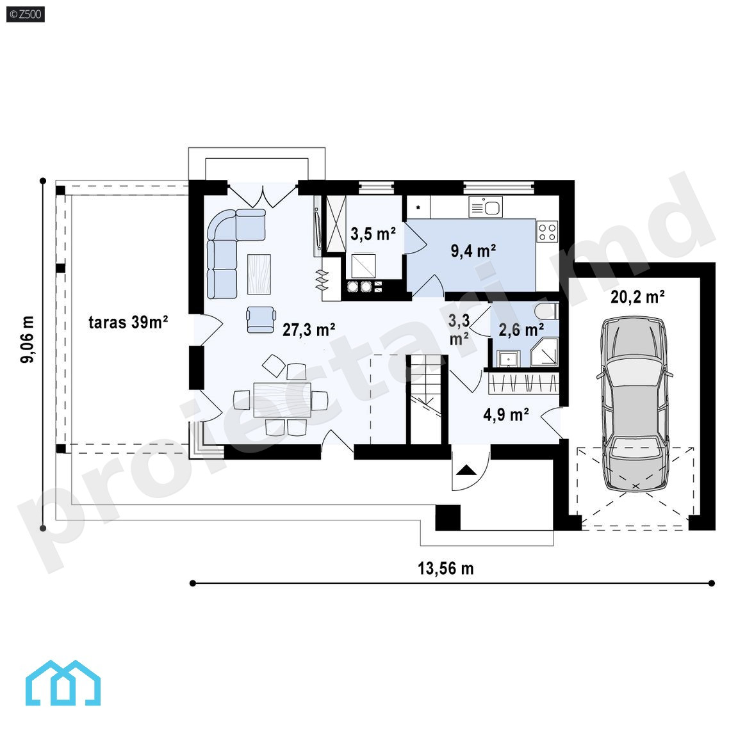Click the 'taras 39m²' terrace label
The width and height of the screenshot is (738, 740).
click(128, 323)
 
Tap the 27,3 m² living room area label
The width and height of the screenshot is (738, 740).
click(309, 330)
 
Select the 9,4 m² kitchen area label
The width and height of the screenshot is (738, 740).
click(473, 251)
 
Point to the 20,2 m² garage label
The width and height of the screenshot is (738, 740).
click(637, 297)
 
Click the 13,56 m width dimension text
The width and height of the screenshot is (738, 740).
click(446, 568)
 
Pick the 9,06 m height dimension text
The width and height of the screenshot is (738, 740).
click(28, 339)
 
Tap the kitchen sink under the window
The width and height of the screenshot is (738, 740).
click(486, 207)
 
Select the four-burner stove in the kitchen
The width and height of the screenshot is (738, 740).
click(546, 231)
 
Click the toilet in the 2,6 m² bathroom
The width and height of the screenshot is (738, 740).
click(546, 312)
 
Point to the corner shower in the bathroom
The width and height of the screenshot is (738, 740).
click(545, 352)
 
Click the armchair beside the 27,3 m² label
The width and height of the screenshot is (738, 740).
click(260, 319)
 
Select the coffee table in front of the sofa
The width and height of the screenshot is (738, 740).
click(259, 274)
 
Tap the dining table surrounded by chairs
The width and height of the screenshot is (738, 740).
click(282, 399)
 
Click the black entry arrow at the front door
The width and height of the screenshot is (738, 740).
click(466, 470)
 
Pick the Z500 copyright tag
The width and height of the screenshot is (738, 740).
click(26, 14)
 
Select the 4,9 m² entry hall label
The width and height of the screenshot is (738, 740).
click(505, 414)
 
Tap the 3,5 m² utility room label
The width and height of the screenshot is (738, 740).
click(373, 233)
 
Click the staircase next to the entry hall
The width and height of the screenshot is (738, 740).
click(427, 399)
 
